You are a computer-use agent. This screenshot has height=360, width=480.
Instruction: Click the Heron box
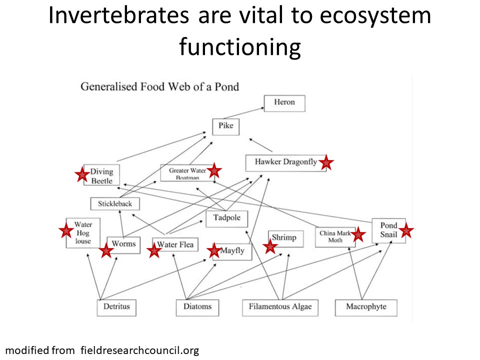284,103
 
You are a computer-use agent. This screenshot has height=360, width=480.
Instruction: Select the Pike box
226,126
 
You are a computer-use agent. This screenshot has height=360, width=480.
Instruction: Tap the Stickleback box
115,204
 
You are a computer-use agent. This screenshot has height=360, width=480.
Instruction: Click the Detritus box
116,306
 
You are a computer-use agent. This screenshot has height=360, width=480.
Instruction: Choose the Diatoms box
197,306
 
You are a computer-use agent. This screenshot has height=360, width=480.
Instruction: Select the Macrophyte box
366,306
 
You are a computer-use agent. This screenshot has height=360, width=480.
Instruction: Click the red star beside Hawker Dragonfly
326,162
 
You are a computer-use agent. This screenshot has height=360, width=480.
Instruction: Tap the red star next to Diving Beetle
81,174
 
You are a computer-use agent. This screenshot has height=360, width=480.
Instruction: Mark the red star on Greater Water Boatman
214,170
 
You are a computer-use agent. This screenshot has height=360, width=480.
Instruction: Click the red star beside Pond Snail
406,230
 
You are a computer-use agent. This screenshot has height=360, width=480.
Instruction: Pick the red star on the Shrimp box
270,246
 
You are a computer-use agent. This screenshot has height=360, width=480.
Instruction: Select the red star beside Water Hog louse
65,230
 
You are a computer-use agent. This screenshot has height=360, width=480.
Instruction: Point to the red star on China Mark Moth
358,234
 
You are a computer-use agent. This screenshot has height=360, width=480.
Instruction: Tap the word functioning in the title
240,47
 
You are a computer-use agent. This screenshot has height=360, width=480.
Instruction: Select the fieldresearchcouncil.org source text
139,350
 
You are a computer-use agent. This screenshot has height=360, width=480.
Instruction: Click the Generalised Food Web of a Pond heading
160,86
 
